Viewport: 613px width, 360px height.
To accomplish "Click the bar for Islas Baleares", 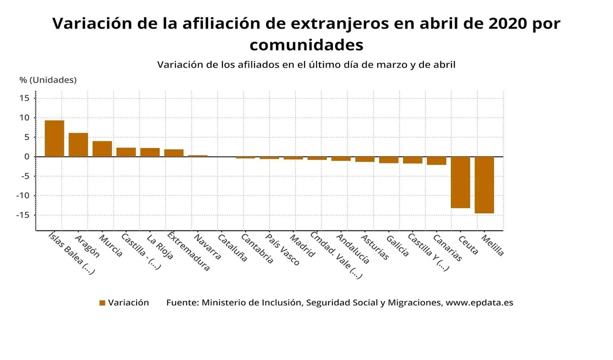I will pos(54,138).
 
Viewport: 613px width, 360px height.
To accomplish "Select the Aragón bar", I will pos(78,144).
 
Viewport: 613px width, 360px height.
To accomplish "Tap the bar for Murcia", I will pos(102,148).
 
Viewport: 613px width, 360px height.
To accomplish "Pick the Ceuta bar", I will pos(460,182).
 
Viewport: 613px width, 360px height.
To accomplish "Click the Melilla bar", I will pos(484,185).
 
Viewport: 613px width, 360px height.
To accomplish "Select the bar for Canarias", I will pos(436,160).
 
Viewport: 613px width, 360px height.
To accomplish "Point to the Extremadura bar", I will pos(173,153).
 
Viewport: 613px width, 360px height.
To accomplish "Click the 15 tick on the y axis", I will pos(24,98).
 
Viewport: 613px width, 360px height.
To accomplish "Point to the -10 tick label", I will pos(22,195).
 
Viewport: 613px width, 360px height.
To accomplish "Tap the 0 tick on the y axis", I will pos(27,156).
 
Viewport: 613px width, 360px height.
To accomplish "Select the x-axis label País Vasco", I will pos(282,249).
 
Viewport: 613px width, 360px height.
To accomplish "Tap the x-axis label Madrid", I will pos(302,245).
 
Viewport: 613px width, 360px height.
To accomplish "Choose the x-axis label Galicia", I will pos(397,245).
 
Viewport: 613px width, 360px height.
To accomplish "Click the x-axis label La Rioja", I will pos(160,246).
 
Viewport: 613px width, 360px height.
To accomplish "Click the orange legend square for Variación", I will pos(102,303).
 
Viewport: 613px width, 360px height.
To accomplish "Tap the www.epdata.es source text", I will pos(479,302).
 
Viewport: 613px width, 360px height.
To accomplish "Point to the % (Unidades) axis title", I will pos(48,80).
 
